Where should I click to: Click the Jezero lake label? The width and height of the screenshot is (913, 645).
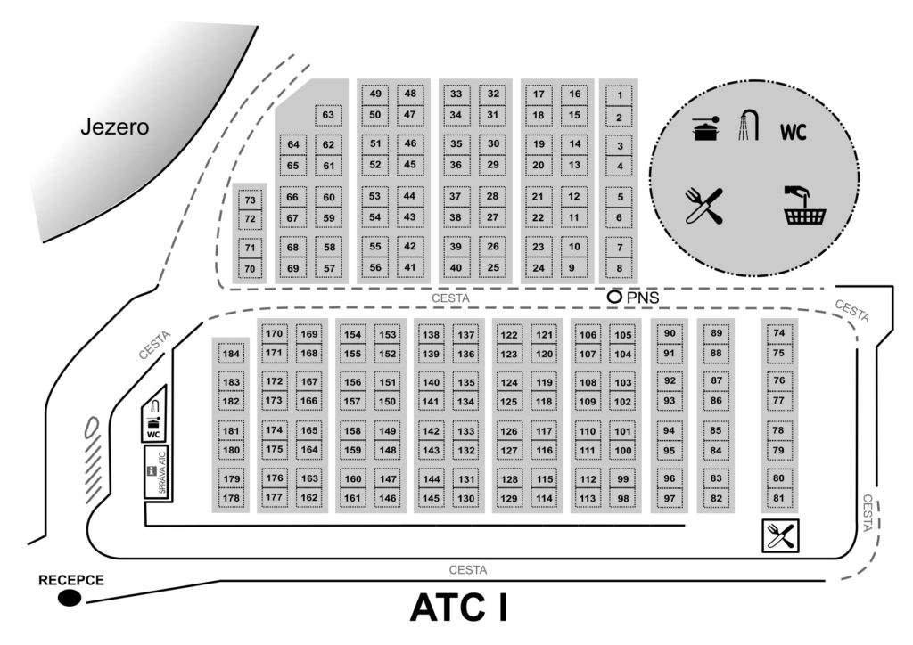(114, 127)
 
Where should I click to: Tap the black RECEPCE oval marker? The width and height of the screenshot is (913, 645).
(69, 598)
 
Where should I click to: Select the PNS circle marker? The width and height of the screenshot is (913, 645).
(614, 297)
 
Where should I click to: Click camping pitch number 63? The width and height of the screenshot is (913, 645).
(328, 115)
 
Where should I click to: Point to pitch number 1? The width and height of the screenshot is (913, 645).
(619, 94)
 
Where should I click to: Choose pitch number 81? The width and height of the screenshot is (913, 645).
(778, 498)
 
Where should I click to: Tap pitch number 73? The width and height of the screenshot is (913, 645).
(250, 200)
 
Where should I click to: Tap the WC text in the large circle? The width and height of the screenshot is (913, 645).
(794, 133)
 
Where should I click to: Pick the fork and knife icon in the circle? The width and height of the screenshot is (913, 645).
(703, 206)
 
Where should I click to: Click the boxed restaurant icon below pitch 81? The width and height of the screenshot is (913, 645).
(780, 535)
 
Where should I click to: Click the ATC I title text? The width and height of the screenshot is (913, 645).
(458, 608)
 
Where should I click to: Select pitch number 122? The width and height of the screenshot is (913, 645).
(509, 335)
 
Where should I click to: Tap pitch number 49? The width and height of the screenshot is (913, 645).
(375, 94)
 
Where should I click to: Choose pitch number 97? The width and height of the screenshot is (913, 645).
(670, 498)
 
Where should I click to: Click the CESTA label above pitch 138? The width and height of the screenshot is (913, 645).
(449, 298)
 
